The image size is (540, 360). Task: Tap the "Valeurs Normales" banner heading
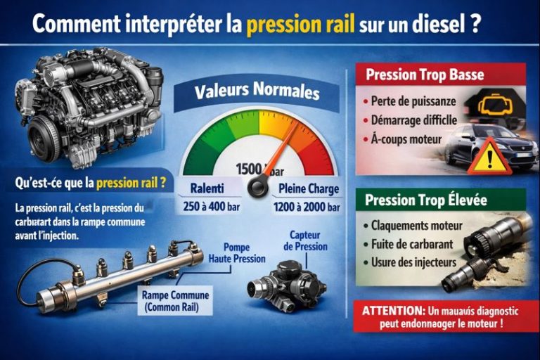point(257,91)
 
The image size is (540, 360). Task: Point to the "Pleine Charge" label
point(309,188)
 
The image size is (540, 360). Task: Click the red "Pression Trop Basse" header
point(425,75)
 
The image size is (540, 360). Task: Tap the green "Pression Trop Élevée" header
point(426,200)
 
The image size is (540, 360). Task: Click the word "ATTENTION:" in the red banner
point(392,310)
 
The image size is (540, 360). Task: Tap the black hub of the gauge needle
point(258,188)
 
